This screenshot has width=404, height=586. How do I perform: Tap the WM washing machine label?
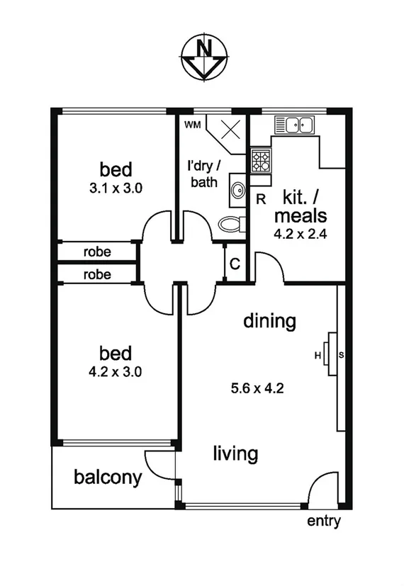click(x=192, y=125)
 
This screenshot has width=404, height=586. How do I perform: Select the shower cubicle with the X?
click(x=230, y=132)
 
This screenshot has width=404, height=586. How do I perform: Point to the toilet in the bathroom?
click(x=231, y=224)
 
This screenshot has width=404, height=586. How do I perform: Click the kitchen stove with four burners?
click(x=259, y=162)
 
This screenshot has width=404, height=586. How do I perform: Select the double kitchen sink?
click(x=296, y=125)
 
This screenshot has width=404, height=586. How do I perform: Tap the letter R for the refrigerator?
click(x=261, y=199)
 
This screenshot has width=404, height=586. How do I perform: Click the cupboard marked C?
click(x=235, y=264)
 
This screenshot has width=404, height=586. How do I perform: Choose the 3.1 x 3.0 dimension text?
click(x=116, y=188)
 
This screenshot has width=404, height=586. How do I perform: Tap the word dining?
click(x=269, y=321)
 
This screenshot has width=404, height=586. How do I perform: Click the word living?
click(x=235, y=453)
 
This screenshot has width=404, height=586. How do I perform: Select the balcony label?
click(x=108, y=477)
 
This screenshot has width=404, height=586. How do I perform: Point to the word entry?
click(x=324, y=522)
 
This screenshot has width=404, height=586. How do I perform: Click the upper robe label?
click(x=97, y=252)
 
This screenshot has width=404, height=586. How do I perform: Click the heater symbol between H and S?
click(x=328, y=354)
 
